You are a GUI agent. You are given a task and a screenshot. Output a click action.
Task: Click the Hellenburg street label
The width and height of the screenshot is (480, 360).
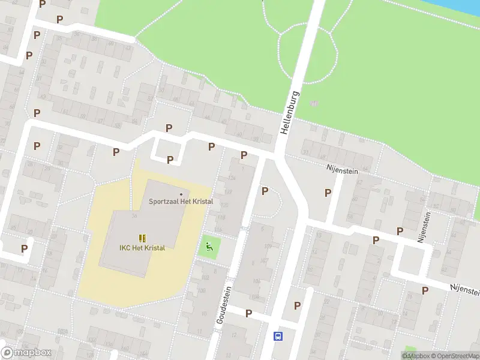click(x=289, y=113)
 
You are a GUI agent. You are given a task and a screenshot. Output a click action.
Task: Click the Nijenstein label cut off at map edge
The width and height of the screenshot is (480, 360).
click(x=465, y=289)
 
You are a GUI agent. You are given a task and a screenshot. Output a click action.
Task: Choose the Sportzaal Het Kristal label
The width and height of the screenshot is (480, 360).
click(x=181, y=202)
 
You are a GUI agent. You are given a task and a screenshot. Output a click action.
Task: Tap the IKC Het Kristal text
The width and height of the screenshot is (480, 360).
click(x=142, y=248)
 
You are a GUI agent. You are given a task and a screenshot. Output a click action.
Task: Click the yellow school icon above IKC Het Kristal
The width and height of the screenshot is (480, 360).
click(x=142, y=238)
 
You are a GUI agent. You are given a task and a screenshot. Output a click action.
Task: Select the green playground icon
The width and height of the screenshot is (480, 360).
click(x=209, y=246)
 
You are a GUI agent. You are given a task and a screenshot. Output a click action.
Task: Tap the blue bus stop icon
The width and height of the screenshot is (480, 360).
click(x=278, y=336)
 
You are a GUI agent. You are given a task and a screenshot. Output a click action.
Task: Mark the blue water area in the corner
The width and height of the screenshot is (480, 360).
click(x=462, y=6)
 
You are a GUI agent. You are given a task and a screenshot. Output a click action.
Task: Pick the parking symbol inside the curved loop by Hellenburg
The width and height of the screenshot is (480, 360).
click(x=265, y=191)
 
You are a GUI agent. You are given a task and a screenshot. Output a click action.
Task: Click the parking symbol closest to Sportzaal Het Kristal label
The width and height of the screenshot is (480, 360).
click(x=170, y=160)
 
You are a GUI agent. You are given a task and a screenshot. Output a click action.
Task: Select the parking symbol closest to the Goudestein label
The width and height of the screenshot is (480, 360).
click(x=248, y=313)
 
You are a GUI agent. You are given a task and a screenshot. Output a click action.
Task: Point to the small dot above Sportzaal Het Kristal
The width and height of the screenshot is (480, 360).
click(x=181, y=194)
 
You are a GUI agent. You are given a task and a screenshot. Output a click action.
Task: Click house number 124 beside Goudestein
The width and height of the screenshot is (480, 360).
click(x=232, y=178)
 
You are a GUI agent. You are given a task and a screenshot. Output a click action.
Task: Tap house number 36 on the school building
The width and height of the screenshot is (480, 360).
click(x=135, y=216)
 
